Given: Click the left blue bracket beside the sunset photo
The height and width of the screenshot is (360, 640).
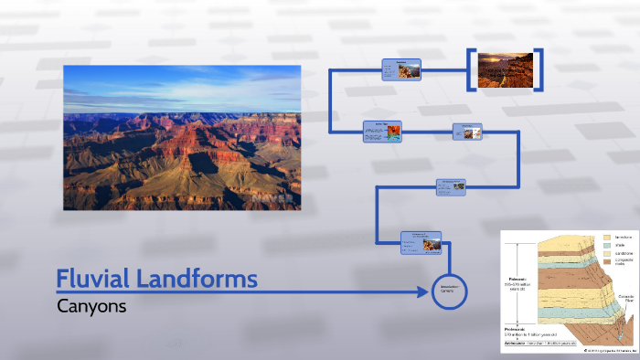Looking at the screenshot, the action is point(472,68).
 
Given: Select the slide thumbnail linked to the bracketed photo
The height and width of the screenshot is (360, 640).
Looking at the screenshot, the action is point(401,69).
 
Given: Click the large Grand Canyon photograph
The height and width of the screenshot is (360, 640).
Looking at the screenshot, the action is point(182,137).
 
